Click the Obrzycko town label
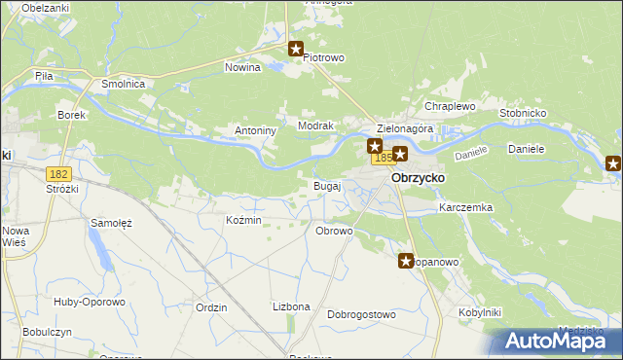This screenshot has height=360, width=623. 418,179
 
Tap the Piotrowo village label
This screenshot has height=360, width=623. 324,57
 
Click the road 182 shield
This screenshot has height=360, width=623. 58,172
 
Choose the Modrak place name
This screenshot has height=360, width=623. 316,126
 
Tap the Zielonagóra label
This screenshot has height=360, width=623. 404,128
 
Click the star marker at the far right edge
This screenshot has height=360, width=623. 613,163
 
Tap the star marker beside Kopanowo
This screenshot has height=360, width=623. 407,261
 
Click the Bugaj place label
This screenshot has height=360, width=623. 326,185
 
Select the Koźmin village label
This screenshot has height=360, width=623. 243,221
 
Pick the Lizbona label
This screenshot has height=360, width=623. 291,306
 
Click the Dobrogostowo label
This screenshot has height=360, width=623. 361,314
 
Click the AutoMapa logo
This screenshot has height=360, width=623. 555,341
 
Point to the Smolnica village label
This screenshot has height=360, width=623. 124,85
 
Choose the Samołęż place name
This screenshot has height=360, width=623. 111,223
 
